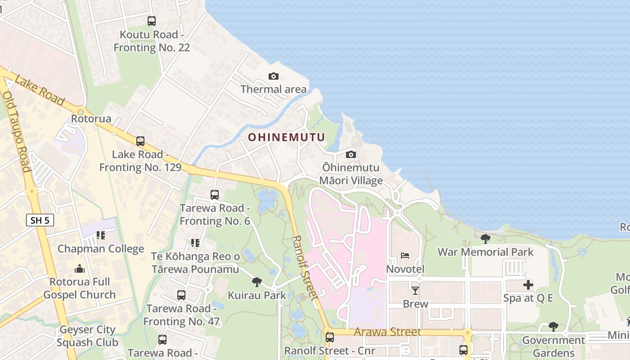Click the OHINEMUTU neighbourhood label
[287, 137]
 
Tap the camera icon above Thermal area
[273, 76]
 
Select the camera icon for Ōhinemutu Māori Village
[351, 155]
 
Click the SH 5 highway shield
[40, 220]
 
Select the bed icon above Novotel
[405, 256]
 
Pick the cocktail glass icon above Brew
[415, 290]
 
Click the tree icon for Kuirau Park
[257, 282]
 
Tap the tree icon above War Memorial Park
[485, 238]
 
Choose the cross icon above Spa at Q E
[528, 284]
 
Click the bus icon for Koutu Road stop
[152, 21]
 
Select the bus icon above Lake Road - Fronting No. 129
[140, 141]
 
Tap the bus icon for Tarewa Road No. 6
[215, 195]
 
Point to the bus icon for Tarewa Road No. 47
[181, 295]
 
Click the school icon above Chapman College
[100, 235]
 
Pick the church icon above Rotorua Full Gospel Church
[80, 269]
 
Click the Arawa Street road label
[387, 332]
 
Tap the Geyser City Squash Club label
[88, 336]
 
